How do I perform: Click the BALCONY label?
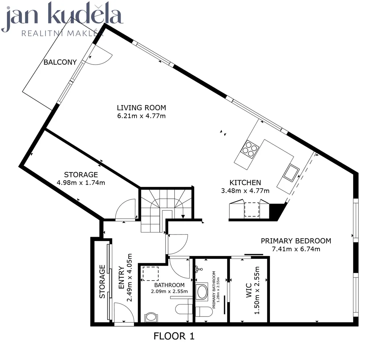pyautogui.click(x=60, y=62)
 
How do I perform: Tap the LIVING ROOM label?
pyautogui.click(x=142, y=108)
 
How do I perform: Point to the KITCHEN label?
pyautogui.click(x=245, y=183)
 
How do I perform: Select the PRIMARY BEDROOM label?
pyautogui.click(x=296, y=241)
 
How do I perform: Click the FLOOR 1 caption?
pyautogui.click(x=174, y=336)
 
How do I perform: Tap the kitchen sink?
pyautogui.click(x=291, y=173)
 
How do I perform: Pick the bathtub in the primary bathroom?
pyautogui.click(x=202, y=291)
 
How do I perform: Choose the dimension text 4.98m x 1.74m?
pyautogui.click(x=81, y=183)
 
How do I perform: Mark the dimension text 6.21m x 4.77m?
pyautogui.click(x=142, y=116)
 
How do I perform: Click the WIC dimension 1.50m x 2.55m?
pyautogui.click(x=257, y=290)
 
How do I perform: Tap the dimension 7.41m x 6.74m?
pyautogui.click(x=296, y=249)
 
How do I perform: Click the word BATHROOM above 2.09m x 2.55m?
pyautogui.click(x=170, y=285)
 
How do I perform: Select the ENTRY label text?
pyautogui.click(x=121, y=278)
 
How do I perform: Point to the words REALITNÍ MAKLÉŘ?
pyautogui.click(x=62, y=33)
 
